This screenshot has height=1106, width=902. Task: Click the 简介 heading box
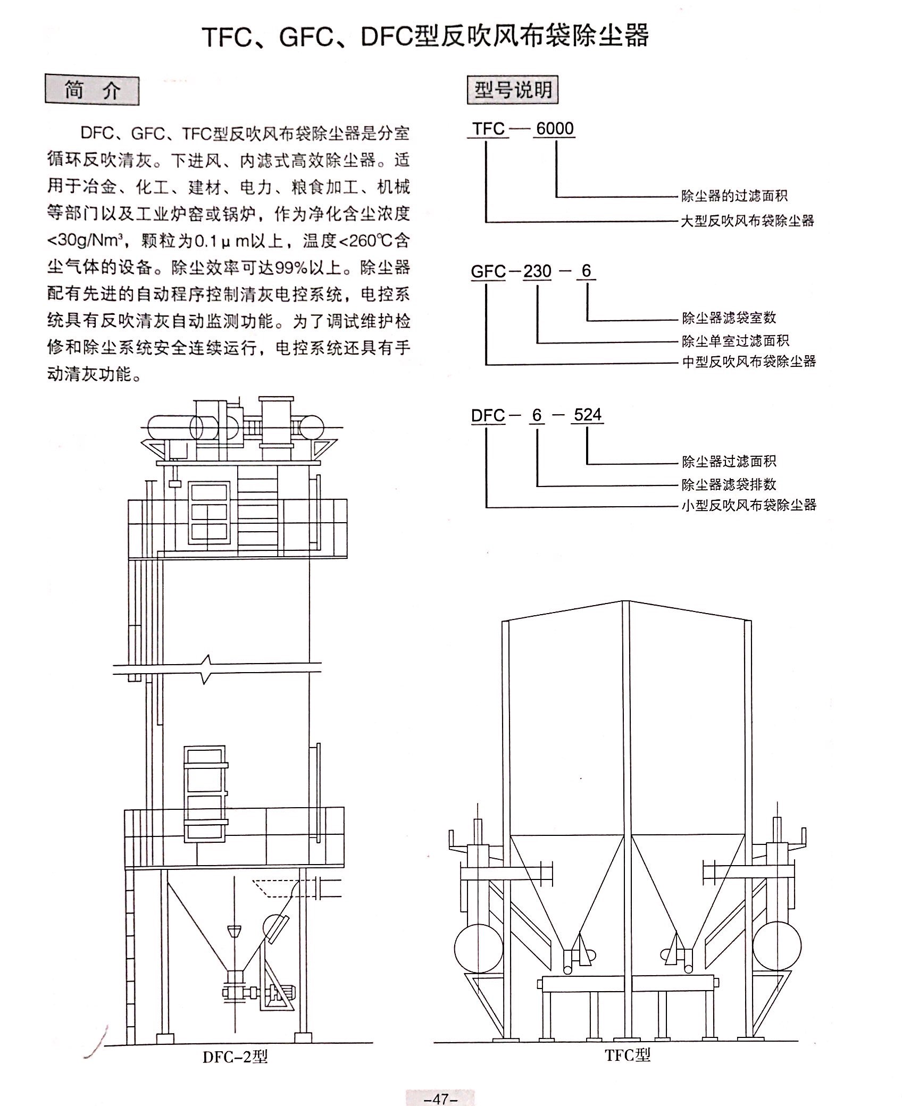point(92,90)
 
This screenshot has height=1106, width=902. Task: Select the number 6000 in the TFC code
point(555,129)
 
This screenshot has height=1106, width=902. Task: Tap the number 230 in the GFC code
point(537,272)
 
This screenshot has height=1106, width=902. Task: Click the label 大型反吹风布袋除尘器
point(747,221)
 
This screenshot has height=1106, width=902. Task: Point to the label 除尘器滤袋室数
point(729,318)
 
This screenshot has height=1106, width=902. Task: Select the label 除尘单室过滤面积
point(736,340)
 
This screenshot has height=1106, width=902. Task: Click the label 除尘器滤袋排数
point(729,484)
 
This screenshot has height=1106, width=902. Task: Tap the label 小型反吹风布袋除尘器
point(749,505)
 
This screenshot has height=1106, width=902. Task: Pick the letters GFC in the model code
point(488,272)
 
